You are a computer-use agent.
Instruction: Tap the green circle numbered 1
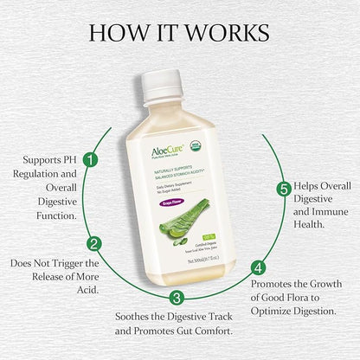(91, 159)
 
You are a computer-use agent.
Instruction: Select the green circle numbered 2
(95, 244)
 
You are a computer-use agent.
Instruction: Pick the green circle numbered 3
(177, 298)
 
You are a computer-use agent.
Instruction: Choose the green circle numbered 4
(257, 267)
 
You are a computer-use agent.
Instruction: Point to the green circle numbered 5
(282, 189)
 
